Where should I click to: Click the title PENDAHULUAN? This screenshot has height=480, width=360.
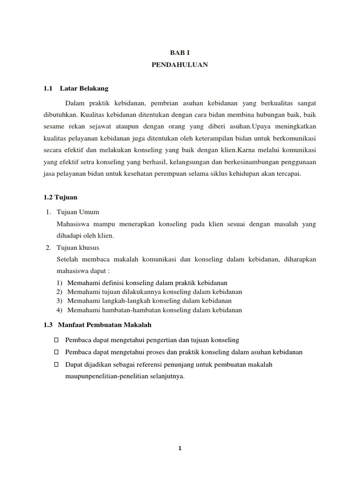180,66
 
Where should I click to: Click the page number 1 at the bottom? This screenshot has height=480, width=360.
180,448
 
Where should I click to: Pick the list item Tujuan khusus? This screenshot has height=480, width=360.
78,247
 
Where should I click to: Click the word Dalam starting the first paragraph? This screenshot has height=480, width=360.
74,103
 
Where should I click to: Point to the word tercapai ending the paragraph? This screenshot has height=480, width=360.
304,173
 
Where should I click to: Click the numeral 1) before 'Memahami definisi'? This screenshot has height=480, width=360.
60,283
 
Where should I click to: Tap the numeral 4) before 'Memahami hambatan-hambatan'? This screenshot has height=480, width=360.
60,310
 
